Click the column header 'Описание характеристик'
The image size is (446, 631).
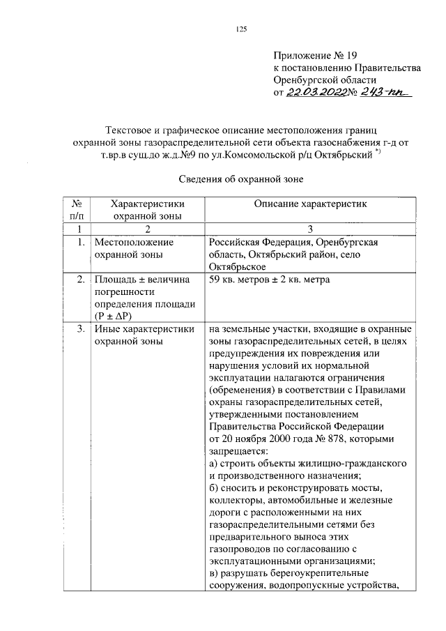309,204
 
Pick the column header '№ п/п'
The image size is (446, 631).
78,209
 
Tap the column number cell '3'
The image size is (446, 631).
309,229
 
